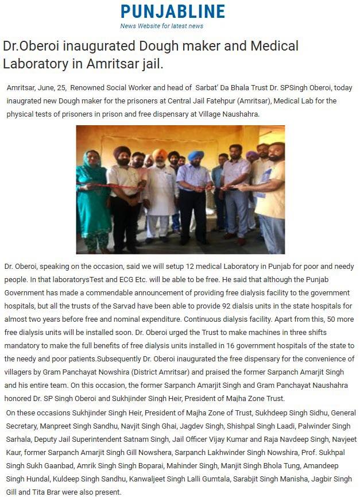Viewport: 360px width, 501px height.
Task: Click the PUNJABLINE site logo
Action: click(172, 11)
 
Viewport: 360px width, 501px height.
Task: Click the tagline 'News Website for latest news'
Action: click(161, 26)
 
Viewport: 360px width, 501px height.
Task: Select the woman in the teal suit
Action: click(94, 198)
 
